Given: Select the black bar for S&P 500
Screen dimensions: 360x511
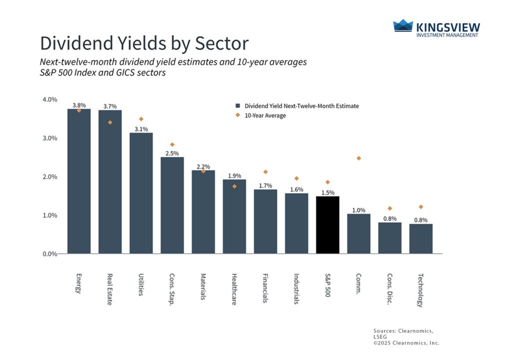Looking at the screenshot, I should tap(327, 225).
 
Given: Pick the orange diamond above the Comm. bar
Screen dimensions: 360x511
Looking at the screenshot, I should tap(358, 158).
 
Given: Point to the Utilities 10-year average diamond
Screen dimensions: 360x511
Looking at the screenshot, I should tap(141, 119).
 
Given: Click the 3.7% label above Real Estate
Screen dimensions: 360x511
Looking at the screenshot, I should tap(110, 106).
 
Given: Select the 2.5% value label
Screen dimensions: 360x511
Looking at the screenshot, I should tap(172, 153).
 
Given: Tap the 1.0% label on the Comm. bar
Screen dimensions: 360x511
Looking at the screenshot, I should tap(358, 210).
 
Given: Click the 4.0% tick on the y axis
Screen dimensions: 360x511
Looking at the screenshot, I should tap(49, 99).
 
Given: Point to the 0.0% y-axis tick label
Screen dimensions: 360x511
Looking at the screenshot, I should tap(49, 254).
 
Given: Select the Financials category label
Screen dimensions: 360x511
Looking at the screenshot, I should tap(265, 288).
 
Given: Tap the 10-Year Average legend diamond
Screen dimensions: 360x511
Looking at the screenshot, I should tap(238, 115).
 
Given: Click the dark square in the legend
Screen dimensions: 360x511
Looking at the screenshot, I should tap(238, 106).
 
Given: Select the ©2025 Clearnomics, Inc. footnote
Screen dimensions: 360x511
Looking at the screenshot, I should tap(406, 343).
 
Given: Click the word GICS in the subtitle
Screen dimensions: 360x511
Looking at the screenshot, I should tap(122, 73).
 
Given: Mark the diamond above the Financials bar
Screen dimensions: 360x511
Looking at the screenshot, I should tap(265, 172).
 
